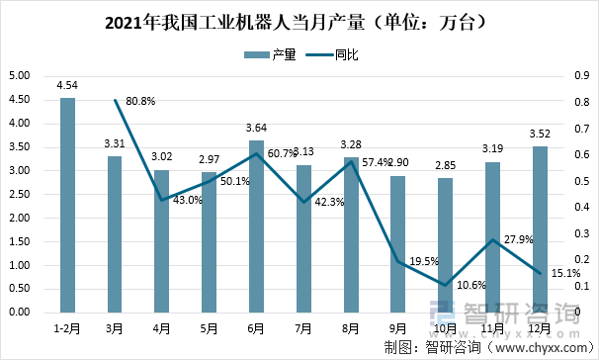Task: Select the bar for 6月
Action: tap(256, 226)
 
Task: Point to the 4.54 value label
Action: tap(67, 86)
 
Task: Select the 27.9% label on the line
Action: tap(514, 240)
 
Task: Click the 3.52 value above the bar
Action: tap(539, 135)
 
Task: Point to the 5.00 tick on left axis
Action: tap(18, 76)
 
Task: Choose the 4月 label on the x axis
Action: tap(162, 326)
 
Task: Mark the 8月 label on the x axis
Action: tap(350, 326)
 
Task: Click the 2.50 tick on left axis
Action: tap(18, 195)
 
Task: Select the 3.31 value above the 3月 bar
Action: tap(115, 144)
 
